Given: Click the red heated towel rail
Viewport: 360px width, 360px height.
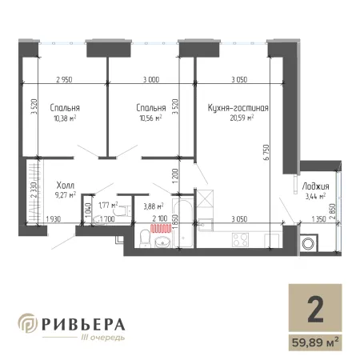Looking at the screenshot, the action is click(161, 229).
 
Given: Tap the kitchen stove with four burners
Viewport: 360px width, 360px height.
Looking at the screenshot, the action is click(240, 239).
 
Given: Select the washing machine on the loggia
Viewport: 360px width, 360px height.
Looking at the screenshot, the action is click(309, 243).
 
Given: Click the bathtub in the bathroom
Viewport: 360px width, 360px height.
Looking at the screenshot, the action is click(183, 223).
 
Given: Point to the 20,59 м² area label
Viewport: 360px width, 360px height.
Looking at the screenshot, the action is click(242, 118).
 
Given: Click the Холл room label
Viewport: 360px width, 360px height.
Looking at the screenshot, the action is click(66, 185).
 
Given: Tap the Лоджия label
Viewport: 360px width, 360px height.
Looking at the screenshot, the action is click(315, 186).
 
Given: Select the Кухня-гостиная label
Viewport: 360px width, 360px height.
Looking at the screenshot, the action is click(238, 108).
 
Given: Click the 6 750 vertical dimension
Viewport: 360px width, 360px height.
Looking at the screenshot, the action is click(266, 152).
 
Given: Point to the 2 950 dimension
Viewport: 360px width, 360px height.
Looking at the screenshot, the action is click(64, 79).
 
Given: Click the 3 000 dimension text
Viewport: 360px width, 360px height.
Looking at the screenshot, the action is click(151, 79).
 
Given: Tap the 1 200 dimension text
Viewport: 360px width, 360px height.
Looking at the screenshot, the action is click(175, 176).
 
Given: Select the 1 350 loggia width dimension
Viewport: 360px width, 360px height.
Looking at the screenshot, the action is click(318, 219).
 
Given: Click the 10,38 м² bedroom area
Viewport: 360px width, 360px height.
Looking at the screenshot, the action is click(65, 118).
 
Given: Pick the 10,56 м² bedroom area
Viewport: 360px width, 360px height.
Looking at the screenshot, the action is click(150, 118).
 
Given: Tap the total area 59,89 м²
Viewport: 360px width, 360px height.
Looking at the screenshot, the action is click(315, 342).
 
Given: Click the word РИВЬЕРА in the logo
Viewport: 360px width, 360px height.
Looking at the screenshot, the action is click(83, 325).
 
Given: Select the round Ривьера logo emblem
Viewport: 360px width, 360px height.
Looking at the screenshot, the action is click(28, 323).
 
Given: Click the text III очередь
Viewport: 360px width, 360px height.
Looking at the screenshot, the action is click(102, 338).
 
